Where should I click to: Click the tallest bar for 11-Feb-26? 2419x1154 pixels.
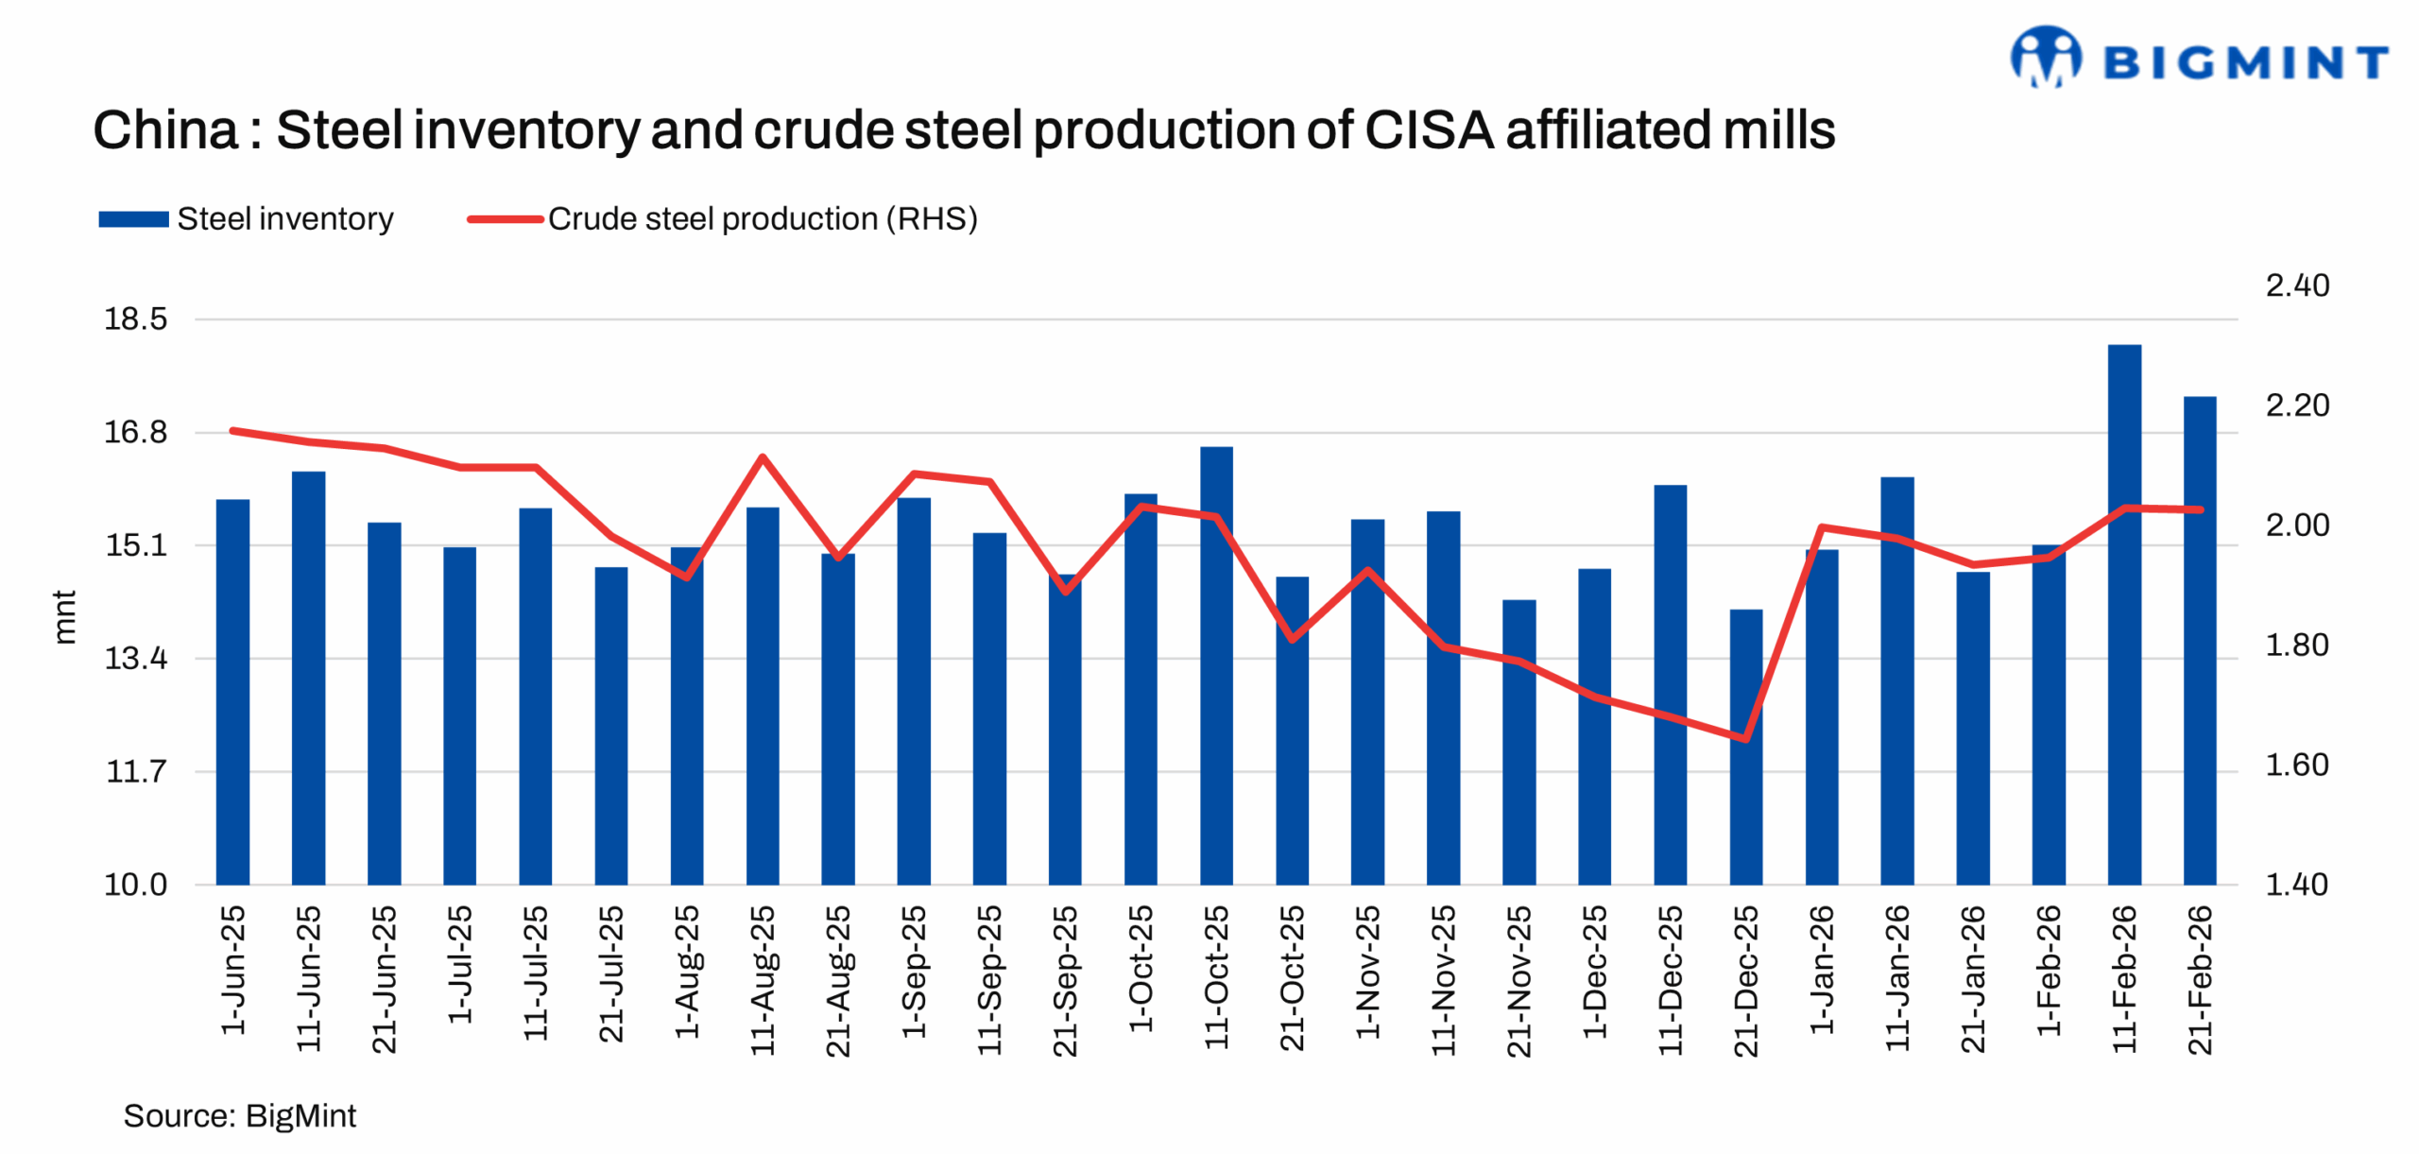point(2123,614)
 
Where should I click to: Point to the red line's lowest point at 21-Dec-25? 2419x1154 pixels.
point(1744,738)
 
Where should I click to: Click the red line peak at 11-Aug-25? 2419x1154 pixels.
point(762,457)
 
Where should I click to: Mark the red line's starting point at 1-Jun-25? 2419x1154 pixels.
point(232,431)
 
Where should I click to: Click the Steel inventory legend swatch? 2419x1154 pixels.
point(133,219)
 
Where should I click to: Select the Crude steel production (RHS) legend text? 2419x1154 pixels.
point(762,219)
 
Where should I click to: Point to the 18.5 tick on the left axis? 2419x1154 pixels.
point(135,319)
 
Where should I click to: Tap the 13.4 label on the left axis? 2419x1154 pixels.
point(135,658)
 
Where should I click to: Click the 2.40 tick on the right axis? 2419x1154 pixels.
point(2296,285)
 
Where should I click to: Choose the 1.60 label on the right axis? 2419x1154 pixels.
point(2296,765)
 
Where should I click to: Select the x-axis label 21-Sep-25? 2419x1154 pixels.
point(1065,980)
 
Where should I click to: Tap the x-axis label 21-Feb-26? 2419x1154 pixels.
point(2200,980)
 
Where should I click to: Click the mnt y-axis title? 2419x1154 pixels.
point(64,617)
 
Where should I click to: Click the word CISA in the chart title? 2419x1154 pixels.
point(1429,130)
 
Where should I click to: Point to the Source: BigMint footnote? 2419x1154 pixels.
point(239,1115)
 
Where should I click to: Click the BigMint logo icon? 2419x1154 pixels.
point(2045,58)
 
